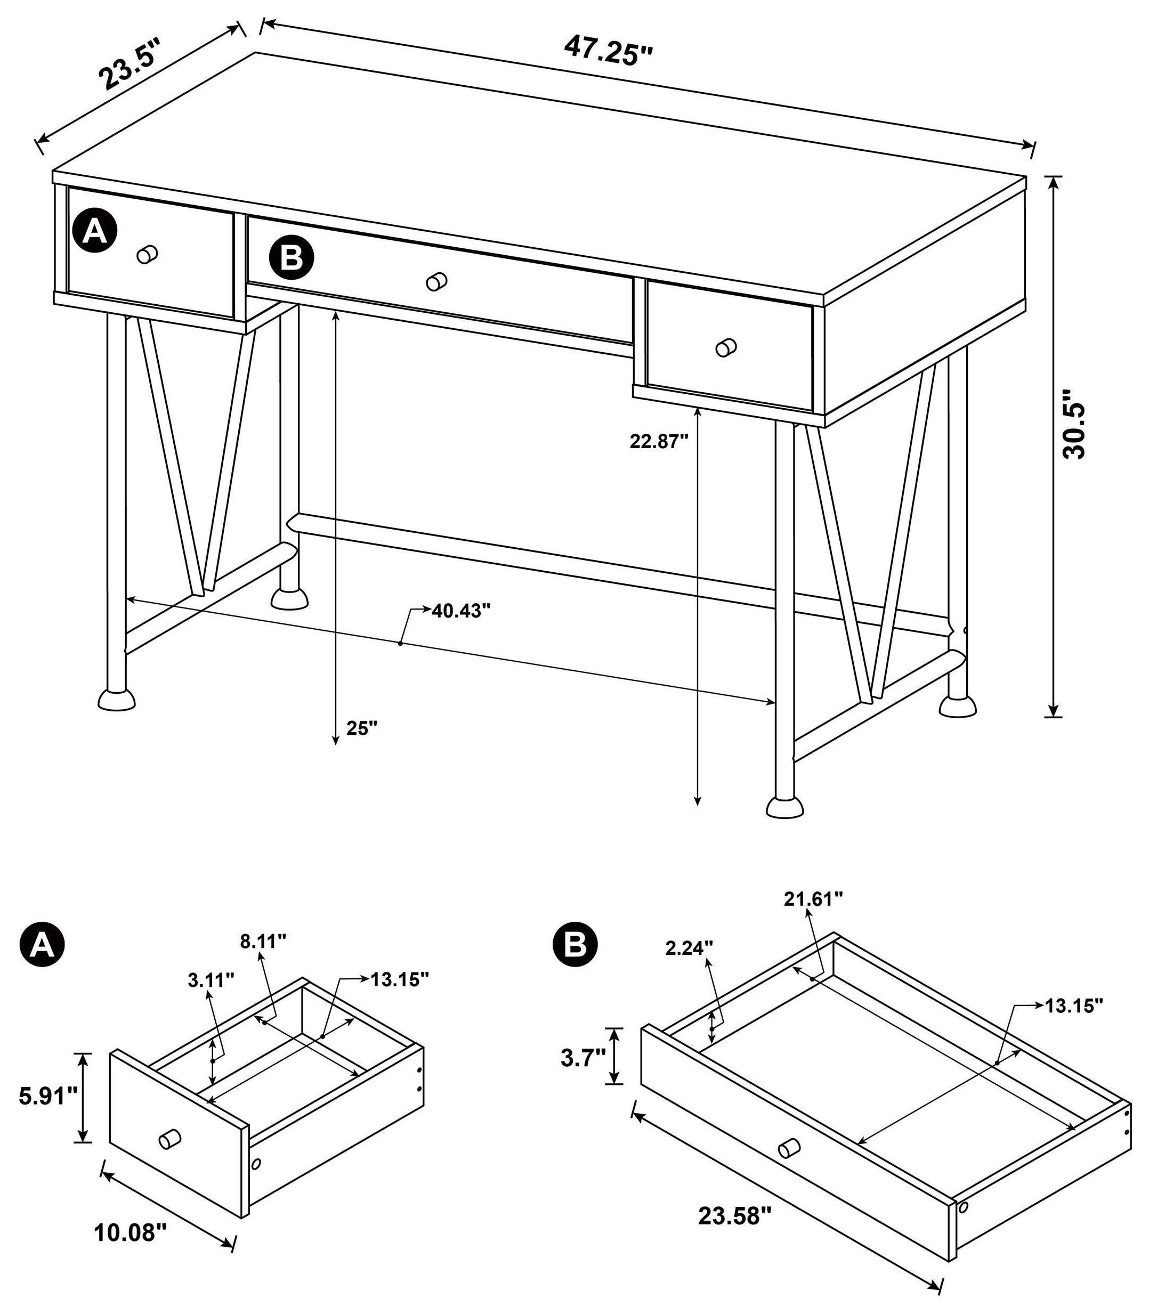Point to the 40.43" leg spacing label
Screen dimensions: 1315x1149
[x=460, y=611]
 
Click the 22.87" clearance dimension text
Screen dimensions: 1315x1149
[x=659, y=441]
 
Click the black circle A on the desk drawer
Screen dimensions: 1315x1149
[x=95, y=231]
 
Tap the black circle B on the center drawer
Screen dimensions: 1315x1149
[x=292, y=258]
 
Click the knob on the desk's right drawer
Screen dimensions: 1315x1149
[x=726, y=347]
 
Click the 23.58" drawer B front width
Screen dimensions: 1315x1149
[x=734, y=1215]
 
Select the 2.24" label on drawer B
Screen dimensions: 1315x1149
[x=689, y=948]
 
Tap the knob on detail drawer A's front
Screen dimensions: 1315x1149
[x=170, y=1139]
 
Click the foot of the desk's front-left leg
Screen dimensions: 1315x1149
[x=117, y=700]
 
